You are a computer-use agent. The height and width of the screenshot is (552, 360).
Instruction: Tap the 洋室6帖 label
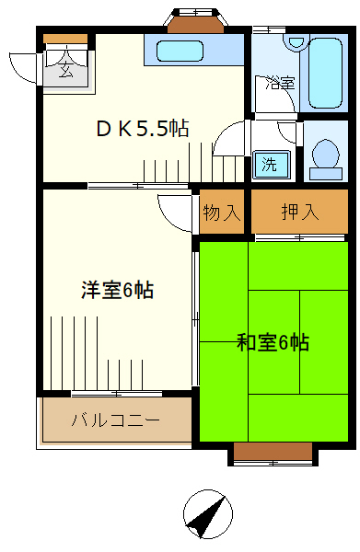click(116, 291)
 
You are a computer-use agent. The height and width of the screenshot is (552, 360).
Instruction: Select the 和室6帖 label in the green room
click(272, 343)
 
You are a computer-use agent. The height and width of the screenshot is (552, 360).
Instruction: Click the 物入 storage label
click(221, 213)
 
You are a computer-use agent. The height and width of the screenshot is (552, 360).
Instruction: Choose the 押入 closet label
click(300, 213)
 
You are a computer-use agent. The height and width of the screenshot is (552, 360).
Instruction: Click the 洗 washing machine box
click(271, 165)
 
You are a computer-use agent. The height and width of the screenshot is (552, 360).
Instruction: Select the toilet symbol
click(324, 157)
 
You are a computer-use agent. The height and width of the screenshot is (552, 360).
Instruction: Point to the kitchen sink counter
click(194, 51)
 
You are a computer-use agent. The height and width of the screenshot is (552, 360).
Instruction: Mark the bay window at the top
click(196, 20)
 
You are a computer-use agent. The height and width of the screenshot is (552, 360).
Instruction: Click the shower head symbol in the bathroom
click(296, 42)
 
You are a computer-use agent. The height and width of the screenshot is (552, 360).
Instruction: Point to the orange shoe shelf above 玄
click(65, 40)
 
